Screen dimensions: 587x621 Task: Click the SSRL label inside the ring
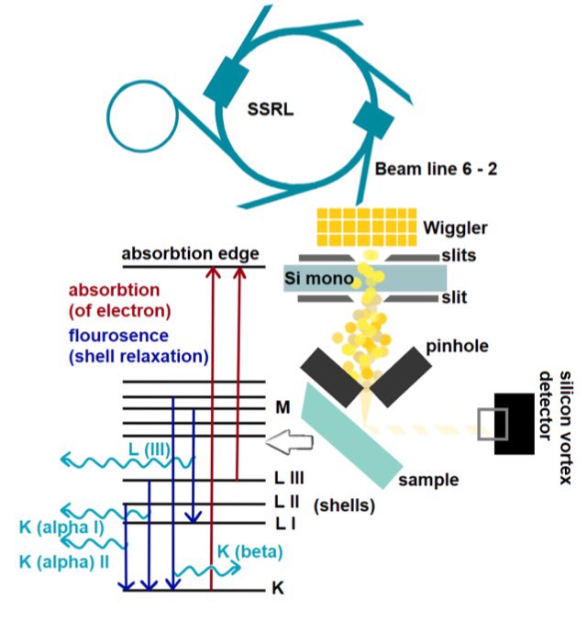coord(271,109)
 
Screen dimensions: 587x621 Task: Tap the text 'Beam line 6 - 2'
coord(436,169)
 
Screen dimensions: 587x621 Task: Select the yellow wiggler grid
coord(367,227)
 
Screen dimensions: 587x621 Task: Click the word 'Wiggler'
coord(455,228)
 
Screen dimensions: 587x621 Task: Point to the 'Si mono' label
coord(319,278)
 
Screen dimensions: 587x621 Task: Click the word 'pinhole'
coord(457,346)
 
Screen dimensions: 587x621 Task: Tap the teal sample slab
coord(351,436)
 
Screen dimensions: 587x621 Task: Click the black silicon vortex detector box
coord(515,424)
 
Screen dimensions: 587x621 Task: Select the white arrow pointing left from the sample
coord(290,441)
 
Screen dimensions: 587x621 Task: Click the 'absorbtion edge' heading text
coord(190,253)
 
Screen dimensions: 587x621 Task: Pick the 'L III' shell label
coord(290,478)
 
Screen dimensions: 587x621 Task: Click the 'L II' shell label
coord(287,502)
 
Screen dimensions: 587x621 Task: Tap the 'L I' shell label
coord(285,524)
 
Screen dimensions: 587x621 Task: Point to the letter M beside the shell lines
coord(282,407)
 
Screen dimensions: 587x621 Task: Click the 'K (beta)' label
coord(250,551)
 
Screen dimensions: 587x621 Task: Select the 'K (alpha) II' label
coord(64,562)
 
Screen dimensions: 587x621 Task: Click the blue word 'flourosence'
coord(118,336)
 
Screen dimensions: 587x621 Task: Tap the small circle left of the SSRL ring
coord(142,116)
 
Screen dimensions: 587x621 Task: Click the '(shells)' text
coord(344,505)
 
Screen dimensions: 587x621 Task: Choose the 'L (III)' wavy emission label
coord(150,449)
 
